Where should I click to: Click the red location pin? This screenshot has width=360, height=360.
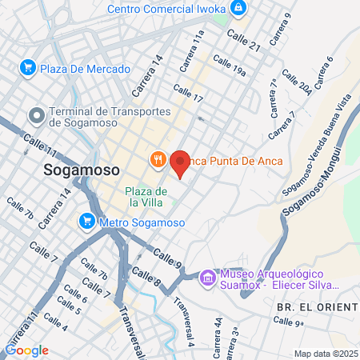tap(180, 162)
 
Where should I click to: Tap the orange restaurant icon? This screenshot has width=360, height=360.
tap(158, 159)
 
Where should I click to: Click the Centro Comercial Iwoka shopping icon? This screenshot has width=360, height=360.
tap(238, 8)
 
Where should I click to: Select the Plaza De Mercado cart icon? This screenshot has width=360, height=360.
tap(27, 67)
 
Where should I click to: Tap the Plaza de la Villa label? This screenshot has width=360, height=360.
tap(146, 198)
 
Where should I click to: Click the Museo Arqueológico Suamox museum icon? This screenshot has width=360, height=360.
tap(207, 277)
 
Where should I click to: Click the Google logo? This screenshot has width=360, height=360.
tap(26, 350)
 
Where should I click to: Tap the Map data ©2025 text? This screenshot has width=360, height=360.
tap(326, 354)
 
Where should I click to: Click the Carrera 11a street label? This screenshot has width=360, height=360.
tap(192, 49)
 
